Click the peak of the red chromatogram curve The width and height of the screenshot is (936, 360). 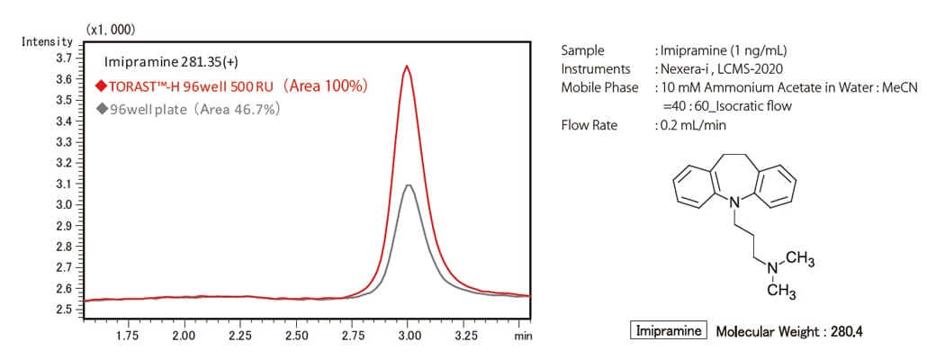408,66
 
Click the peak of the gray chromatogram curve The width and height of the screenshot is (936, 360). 409,184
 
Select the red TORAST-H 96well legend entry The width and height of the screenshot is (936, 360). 230,87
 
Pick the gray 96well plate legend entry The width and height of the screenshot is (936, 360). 189,109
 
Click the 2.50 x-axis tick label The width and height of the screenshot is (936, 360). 296,335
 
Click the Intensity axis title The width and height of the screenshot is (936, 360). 46,41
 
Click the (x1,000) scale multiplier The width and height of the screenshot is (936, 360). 110,30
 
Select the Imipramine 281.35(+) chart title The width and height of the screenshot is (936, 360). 171,62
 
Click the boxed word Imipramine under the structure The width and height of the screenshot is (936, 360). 670,331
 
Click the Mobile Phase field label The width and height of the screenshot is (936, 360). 599,87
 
